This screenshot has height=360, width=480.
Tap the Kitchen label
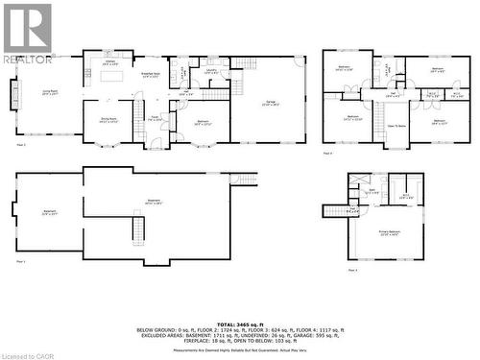[110, 61]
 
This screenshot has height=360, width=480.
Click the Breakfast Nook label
[151, 74]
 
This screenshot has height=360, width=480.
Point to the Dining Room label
[108, 120]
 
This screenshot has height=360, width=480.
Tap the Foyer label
[154, 120]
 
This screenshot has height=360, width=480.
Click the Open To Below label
[396, 126]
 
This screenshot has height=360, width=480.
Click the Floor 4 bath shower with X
[358, 180]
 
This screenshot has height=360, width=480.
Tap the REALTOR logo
[28, 33]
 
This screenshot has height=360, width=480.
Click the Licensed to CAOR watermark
[30, 353]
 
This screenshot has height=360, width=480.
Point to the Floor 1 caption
[20, 261]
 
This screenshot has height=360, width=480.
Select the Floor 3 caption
[328, 153]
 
